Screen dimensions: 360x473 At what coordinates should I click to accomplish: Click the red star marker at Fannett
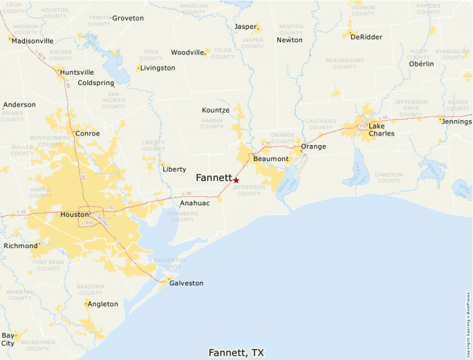tap(236, 180)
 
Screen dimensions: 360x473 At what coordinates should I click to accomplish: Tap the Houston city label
tap(75, 215)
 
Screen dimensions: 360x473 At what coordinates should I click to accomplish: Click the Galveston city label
tap(187, 283)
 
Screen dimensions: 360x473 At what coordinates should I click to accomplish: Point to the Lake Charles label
tap(381, 129)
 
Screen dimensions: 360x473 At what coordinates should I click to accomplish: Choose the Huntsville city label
tap(77, 72)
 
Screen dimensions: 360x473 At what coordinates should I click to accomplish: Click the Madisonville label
tap(33, 41)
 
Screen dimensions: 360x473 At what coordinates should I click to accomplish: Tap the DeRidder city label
tap(366, 37)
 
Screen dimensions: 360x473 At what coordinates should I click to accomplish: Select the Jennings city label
tap(456, 122)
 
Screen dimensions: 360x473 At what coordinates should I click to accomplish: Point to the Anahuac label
tap(194, 203)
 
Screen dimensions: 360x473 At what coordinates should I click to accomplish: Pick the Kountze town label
tap(215, 110)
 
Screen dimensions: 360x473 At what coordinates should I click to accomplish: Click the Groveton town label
tap(128, 18)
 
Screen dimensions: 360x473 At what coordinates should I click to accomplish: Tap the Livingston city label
tap(158, 68)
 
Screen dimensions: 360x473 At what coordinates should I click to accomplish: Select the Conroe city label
tap(87, 133)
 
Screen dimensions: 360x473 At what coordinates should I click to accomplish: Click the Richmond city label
tap(21, 246)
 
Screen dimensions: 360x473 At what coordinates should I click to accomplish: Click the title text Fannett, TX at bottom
tap(236, 352)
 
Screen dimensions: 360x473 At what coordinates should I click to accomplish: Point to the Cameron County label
tap(388, 178)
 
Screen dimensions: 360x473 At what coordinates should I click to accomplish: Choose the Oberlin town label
tap(421, 64)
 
